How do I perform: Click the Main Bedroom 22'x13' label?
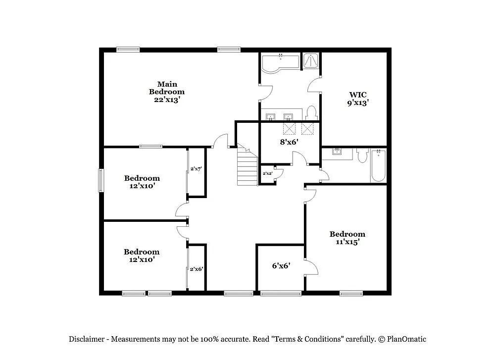pyautogui.click(x=167, y=92)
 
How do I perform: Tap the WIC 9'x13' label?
pyautogui.click(x=358, y=99)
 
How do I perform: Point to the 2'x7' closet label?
pyautogui.click(x=196, y=169)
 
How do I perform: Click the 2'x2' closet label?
pyautogui.click(x=267, y=173)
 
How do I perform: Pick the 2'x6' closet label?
pyautogui.click(x=197, y=269)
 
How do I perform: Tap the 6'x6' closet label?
pyautogui.click(x=281, y=265)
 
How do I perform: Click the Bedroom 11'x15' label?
pyautogui.click(x=347, y=238)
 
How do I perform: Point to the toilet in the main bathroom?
pyautogui.click(x=311, y=113)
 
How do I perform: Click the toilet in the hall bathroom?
pyautogui.click(x=362, y=156)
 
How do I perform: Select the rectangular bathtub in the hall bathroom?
pyautogui.click(x=378, y=166)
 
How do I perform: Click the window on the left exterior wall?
pyautogui.click(x=101, y=180)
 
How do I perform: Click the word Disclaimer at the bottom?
pyautogui.click(x=86, y=339)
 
